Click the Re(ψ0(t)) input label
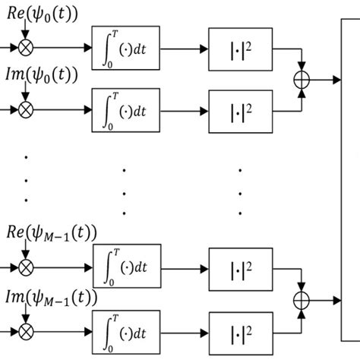point(43,14)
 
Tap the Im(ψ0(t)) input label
point(42,75)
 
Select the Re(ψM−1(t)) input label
point(52,233)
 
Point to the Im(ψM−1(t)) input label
point(52,298)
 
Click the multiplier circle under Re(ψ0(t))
point(26,47)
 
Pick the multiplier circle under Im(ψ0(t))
point(26,110)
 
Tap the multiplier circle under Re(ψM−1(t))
point(26,268)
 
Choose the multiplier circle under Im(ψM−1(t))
point(26,332)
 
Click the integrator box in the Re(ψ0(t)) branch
point(125,48)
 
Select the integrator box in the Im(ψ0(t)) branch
point(125,110)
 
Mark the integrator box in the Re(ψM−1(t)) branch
point(127,266)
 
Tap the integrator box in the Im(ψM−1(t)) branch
point(126,332)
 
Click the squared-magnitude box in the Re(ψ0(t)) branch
point(241,49)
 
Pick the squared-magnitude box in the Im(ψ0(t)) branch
point(241,112)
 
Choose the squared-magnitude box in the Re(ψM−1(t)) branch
point(241,270)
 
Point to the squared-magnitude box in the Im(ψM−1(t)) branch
point(241,333)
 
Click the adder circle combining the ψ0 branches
point(302,80)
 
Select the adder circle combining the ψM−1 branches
point(302,301)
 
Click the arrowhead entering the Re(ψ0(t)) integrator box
point(88,47)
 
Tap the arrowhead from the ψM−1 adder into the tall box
point(337,301)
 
